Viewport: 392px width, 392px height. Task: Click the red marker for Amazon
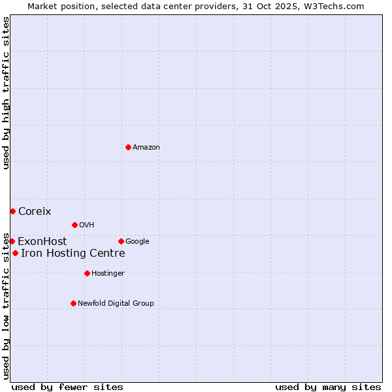tap(128, 147)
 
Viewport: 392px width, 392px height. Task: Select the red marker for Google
tap(121, 241)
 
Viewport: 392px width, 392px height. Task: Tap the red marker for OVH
tap(74, 225)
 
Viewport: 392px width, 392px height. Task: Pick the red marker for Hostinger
tap(87, 273)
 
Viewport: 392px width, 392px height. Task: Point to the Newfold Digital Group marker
tap(73, 303)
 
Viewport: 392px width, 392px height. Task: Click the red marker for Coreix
tap(12, 211)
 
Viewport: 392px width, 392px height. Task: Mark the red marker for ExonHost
tap(12, 241)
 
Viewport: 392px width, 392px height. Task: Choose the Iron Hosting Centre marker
tap(15, 253)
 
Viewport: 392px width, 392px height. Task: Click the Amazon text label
tap(146, 148)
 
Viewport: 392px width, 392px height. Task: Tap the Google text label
tap(137, 242)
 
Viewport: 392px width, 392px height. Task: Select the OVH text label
tap(87, 225)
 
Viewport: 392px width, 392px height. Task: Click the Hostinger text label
tap(108, 274)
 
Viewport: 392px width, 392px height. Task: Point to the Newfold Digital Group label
tap(116, 304)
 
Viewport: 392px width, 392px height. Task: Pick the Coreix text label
tap(35, 212)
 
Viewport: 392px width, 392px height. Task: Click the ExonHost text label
tap(42, 242)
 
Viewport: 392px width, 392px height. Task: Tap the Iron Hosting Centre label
tap(73, 253)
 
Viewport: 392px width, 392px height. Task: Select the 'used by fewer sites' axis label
tap(67, 387)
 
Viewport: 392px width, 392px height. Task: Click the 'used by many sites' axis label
tap(328, 387)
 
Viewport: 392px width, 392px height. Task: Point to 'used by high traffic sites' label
tap(6, 93)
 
